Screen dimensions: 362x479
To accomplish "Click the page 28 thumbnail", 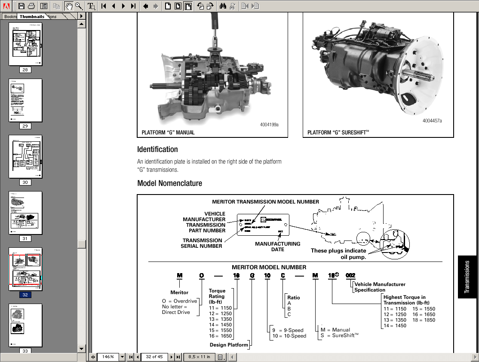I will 25,44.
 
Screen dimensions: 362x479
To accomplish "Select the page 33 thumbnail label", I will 25,351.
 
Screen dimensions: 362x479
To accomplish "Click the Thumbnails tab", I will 32,16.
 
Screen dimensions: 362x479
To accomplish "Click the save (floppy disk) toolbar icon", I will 21,6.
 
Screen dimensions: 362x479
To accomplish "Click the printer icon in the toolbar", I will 31,6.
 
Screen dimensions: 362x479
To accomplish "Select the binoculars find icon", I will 223,6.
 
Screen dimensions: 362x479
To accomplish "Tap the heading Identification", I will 157,149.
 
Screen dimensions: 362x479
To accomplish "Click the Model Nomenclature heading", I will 169,183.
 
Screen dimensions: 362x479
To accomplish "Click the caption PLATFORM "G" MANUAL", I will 168,133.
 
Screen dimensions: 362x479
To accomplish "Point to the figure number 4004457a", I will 432,121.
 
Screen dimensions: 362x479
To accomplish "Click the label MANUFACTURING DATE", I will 277,246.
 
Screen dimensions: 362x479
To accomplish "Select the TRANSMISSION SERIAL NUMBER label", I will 202,243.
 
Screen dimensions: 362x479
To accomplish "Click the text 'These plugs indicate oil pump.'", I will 338,254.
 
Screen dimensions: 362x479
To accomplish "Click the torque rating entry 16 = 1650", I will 220,336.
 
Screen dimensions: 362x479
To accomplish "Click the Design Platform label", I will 229,345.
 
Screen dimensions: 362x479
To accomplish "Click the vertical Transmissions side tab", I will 468,277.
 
